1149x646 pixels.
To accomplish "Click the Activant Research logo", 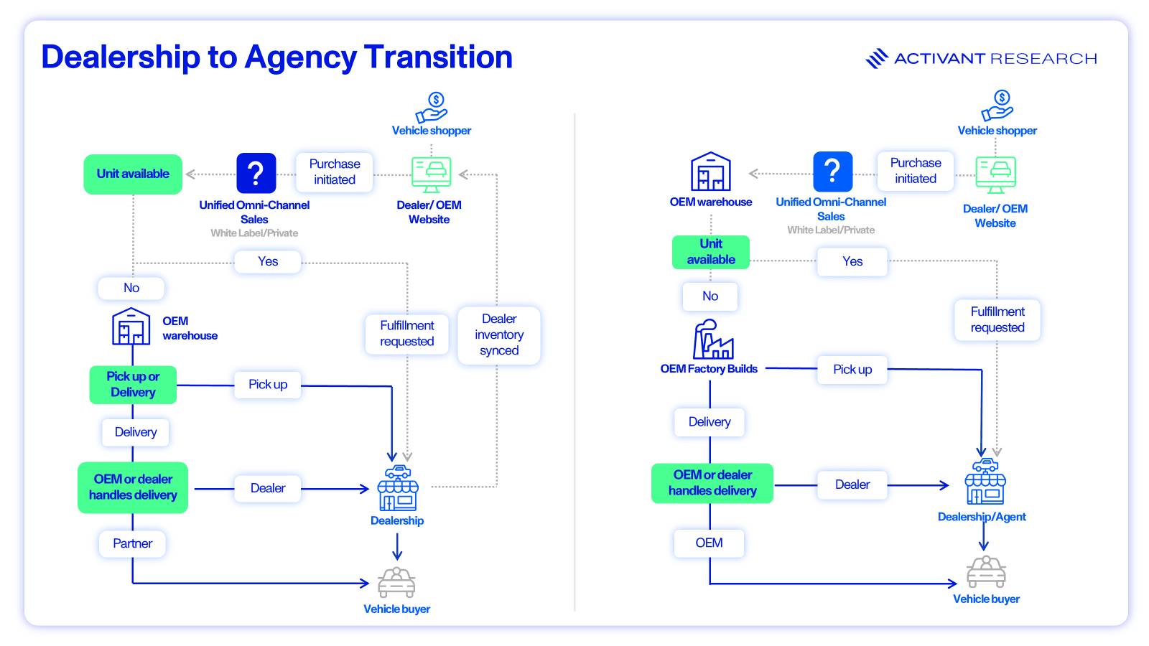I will click(981, 58).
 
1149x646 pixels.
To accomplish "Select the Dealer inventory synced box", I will click(499, 334).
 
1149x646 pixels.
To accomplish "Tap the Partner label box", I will click(132, 543).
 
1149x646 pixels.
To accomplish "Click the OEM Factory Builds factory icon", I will click(712, 340).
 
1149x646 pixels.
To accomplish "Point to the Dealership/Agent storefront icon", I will click(985, 482).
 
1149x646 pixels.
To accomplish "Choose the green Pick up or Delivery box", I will click(133, 385).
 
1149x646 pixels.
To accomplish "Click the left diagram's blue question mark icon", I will click(256, 173).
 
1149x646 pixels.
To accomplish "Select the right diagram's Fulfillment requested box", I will click(997, 319).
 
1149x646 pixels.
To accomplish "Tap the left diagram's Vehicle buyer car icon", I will click(396, 582).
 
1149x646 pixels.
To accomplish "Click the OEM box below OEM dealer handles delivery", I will click(709, 543).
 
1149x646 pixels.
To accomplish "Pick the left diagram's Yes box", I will click(268, 261).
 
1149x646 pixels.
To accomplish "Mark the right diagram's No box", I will click(710, 296).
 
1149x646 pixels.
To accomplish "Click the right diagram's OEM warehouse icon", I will click(711, 172).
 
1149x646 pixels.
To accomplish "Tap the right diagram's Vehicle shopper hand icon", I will click(997, 106).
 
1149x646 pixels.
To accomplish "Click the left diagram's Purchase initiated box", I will click(335, 172).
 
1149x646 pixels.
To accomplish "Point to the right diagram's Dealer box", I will click(852, 484).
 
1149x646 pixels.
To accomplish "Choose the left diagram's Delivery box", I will click(136, 432).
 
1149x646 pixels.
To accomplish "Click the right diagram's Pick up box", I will click(852, 370).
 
